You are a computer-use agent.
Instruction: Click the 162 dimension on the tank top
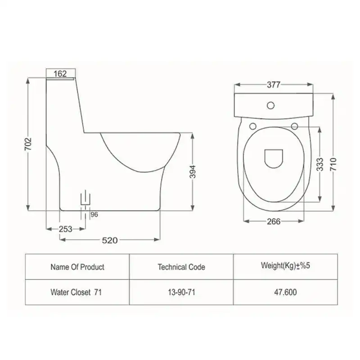pos(60,74)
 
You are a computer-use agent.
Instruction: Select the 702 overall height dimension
pos(28,144)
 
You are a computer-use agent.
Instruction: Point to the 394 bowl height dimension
pos(193,172)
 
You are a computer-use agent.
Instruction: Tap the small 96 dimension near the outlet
pos(94,215)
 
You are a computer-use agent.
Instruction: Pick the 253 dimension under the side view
pos(65,229)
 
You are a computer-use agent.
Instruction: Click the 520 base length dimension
pos(110,240)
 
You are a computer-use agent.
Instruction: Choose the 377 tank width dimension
pos(274,85)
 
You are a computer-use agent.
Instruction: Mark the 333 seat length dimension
pos(320,164)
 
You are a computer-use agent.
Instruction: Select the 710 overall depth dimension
pos(333,164)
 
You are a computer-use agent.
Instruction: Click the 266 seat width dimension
pos(274,221)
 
